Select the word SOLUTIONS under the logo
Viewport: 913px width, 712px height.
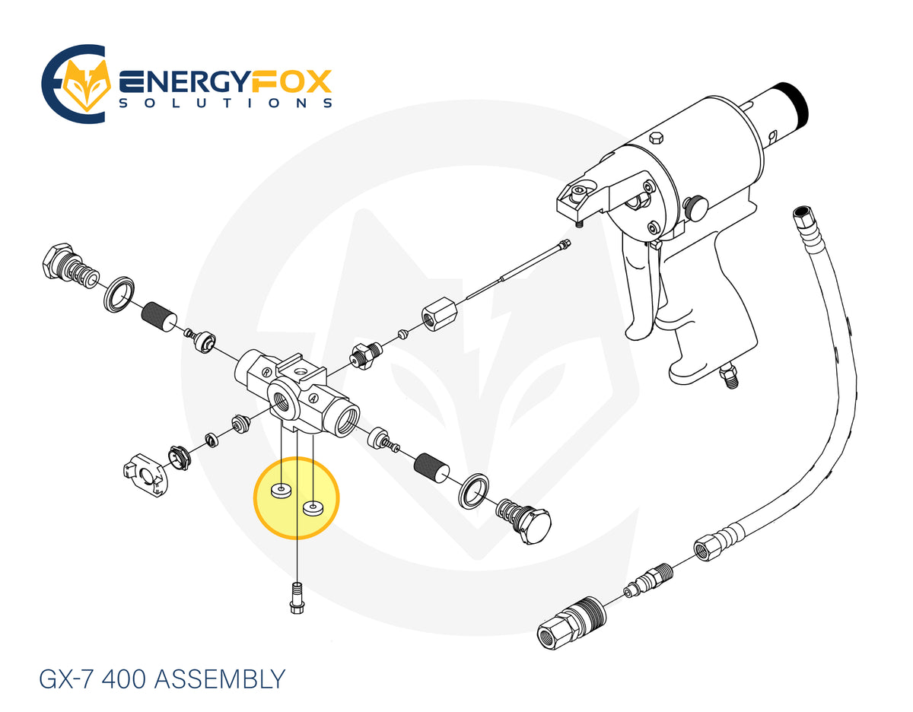click(226, 103)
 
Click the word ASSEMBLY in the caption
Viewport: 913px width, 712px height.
click(220, 679)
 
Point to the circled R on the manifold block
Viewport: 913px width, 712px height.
click(266, 372)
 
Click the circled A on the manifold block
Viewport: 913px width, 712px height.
click(312, 398)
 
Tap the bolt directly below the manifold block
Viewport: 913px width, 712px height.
click(297, 597)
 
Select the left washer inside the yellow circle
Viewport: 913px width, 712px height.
click(280, 491)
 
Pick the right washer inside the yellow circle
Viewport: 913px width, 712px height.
click(313, 507)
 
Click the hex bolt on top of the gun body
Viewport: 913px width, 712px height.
click(656, 138)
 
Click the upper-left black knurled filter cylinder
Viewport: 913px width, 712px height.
click(159, 317)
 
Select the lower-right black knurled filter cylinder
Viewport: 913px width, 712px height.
click(431, 468)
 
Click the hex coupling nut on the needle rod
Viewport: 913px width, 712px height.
click(439, 313)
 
